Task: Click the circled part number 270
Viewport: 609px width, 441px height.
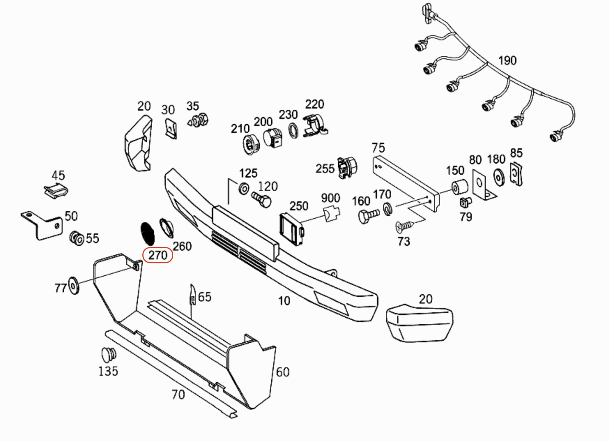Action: tap(158, 255)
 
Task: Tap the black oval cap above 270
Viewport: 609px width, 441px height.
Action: tap(148, 233)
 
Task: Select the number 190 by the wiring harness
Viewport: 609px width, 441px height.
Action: tap(507, 61)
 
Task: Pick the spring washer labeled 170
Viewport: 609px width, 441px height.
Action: tap(388, 209)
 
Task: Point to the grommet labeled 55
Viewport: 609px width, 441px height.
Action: tap(76, 238)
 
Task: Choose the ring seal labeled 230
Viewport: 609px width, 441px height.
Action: tap(293, 130)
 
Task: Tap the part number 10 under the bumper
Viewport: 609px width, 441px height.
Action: tap(284, 301)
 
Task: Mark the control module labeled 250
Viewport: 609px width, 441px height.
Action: tap(291, 229)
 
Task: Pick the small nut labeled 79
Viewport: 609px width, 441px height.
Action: tap(465, 203)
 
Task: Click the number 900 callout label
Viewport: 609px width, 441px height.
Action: tap(330, 198)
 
